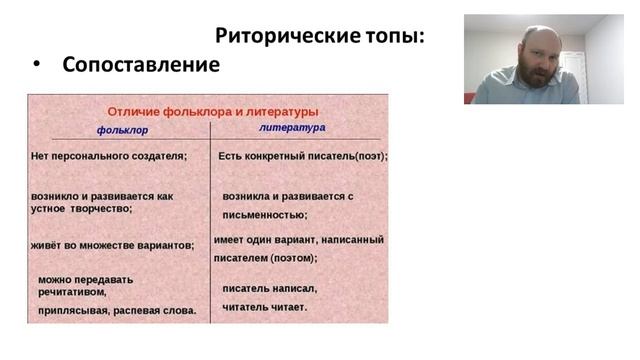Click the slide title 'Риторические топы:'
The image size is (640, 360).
coord(320,36)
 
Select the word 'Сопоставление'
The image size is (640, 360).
coord(140,65)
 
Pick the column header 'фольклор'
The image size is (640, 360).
coord(122,130)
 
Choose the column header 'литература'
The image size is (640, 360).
coord(292,129)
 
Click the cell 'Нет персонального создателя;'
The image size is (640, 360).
coord(109,156)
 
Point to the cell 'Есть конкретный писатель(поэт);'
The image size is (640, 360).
coord(302,156)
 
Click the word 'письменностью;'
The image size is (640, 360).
coord(264,214)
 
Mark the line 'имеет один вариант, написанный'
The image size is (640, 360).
coord(299,240)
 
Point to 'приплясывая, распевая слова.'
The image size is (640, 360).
coord(117,311)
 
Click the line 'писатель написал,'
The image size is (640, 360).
coord(269,289)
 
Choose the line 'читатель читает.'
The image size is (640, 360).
coord(264,306)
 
